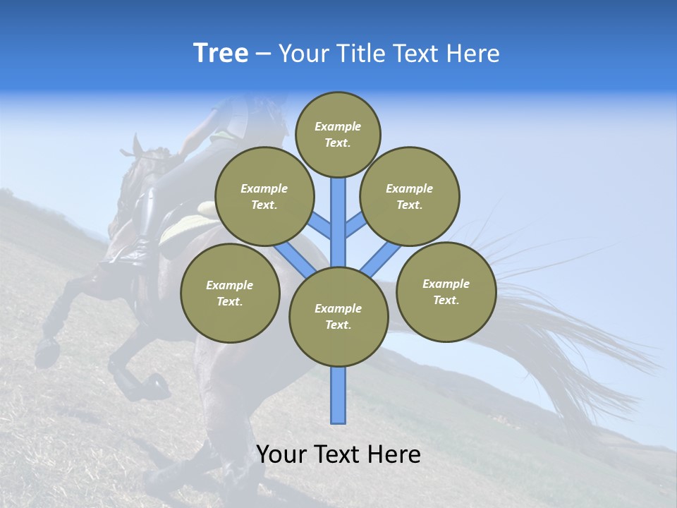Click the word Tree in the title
(221, 54)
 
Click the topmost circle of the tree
(338, 134)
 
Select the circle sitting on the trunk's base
(338, 317)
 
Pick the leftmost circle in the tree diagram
(230, 293)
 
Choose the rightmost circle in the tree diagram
(446, 291)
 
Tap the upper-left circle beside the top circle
(264, 196)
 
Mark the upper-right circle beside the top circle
(410, 196)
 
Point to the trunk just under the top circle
(338, 205)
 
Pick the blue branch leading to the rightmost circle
(381, 259)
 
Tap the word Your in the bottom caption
(280, 454)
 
